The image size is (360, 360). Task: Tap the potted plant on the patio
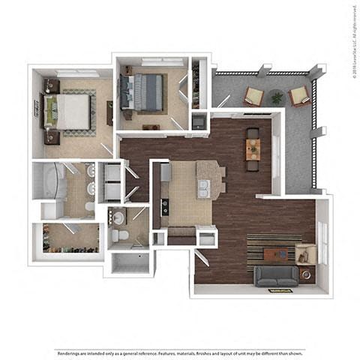[x=277, y=97]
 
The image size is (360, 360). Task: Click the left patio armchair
[x=254, y=96]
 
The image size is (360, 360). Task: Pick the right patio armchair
[x=299, y=95]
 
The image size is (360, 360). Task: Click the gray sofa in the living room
[x=275, y=276]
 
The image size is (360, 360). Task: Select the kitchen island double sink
[x=202, y=188]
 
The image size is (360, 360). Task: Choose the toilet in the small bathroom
[x=121, y=236]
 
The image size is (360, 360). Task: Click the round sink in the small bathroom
[x=118, y=217]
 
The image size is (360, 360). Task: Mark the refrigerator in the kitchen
[x=166, y=172]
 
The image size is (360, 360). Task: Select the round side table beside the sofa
[x=306, y=274]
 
